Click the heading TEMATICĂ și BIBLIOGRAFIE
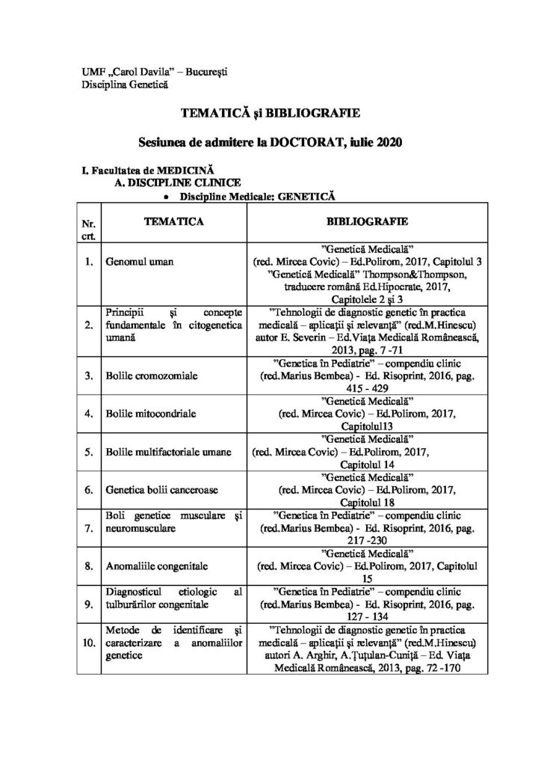point(270,113)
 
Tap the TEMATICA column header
point(171,222)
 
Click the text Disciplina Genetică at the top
point(125,84)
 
